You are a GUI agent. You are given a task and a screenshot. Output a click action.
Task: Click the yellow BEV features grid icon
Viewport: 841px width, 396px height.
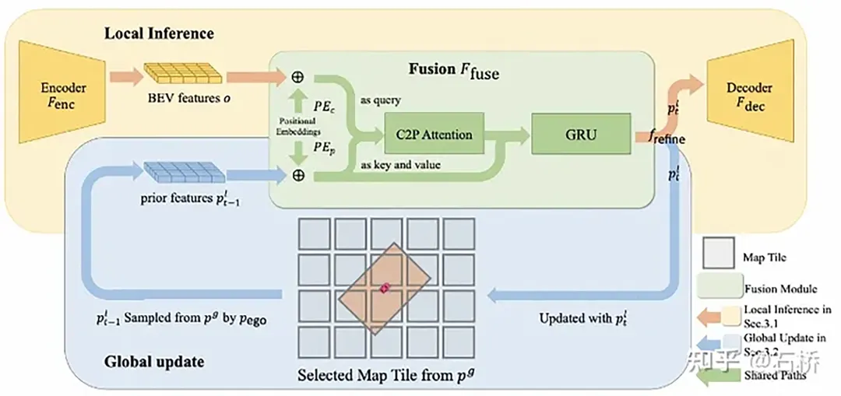[x=183, y=75]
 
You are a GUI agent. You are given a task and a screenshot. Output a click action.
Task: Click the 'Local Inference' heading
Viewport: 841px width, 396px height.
[x=159, y=34]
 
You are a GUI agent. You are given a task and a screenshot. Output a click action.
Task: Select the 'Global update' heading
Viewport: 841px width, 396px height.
[x=153, y=361]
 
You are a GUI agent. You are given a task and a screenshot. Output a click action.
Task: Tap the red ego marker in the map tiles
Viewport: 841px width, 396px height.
[x=385, y=288]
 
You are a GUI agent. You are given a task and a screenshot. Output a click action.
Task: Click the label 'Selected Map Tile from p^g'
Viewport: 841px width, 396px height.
[x=386, y=375]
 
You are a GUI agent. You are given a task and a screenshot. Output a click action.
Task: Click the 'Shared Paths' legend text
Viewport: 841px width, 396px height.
[x=776, y=374]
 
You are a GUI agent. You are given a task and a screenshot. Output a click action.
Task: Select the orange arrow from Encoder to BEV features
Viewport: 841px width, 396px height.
[x=125, y=76]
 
